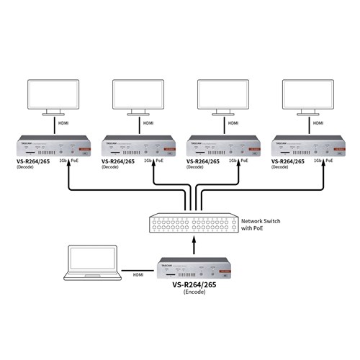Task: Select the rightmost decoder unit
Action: pyautogui.click(x=302, y=147)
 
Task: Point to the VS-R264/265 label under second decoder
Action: pyautogui.click(x=120, y=162)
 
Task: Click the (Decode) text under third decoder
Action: pyautogui.click(x=195, y=168)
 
